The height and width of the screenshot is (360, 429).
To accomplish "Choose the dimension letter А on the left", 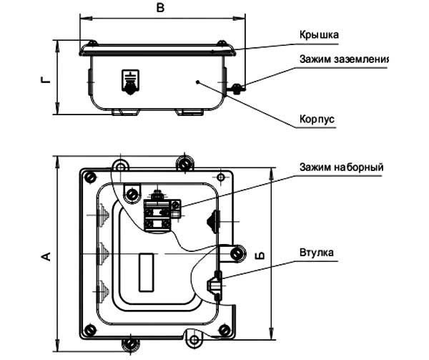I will (45, 256).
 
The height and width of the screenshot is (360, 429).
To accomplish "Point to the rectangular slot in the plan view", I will (146, 272).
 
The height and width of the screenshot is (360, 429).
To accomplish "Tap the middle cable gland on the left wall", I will (99, 252).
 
